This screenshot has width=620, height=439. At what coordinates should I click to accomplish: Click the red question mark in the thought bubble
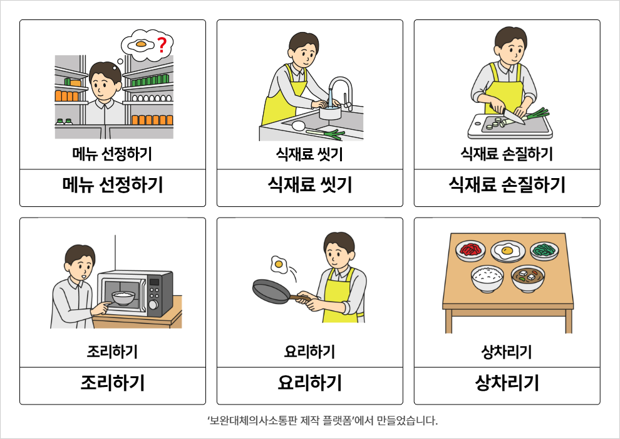[162, 45]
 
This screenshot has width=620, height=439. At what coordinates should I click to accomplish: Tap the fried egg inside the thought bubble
[141, 45]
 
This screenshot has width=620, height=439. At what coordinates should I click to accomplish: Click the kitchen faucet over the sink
[341, 92]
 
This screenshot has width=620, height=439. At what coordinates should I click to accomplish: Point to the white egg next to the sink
[299, 126]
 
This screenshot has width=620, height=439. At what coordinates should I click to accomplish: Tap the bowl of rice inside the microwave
[123, 298]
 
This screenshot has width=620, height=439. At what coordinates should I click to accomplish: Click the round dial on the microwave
[153, 305]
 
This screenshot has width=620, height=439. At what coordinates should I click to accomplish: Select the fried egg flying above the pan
[279, 265]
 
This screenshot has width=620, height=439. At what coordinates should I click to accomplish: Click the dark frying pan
[277, 292]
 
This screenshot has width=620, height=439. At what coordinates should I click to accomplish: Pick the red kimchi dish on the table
[470, 251]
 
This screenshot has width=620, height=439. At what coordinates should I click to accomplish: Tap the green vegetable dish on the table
[544, 251]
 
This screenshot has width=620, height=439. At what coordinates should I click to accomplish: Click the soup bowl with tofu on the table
[528, 278]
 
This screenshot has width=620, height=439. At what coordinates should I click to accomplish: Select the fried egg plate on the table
[508, 251]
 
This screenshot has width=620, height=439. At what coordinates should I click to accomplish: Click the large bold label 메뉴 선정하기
[113, 185]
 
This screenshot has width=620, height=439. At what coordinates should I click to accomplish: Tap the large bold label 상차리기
[507, 383]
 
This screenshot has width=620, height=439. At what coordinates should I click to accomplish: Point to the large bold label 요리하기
[309, 383]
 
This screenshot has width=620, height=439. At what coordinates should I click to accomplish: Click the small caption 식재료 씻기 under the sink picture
[309, 154]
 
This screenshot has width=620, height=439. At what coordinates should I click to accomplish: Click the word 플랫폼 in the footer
[338, 420]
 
